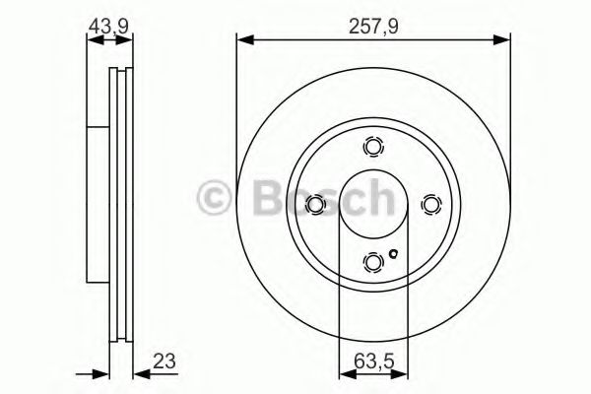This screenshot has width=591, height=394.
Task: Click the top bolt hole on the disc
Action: [373, 147]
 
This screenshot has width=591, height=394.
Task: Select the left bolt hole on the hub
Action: [316, 204]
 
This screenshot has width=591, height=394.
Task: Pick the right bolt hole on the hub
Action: [429, 204]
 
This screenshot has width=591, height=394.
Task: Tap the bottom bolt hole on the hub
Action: [373, 261]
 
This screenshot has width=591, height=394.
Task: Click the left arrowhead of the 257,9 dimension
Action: [242, 39]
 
